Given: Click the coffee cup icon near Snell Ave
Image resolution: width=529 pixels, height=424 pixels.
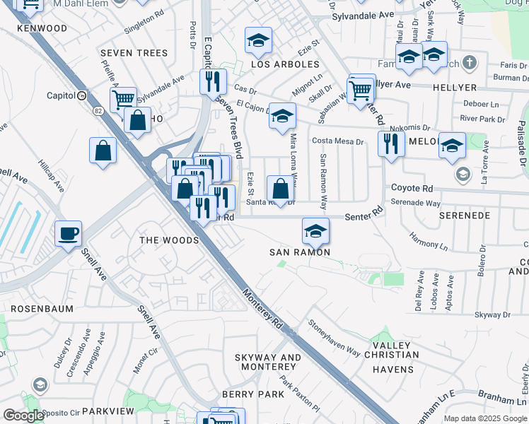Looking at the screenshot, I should click(x=69, y=233).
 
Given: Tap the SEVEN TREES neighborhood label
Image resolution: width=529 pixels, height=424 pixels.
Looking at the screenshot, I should click(x=134, y=53).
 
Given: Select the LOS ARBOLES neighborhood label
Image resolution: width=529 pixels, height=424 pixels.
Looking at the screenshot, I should click(x=285, y=64).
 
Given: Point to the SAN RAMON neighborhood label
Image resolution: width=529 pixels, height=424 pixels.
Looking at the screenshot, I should click(x=300, y=252).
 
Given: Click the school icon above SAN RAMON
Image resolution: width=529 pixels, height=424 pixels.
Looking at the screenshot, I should click(x=315, y=230).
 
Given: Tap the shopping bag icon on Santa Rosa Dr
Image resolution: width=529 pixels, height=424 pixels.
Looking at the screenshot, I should click(x=280, y=189).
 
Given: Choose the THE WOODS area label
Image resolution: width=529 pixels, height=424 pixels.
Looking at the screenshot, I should click(x=169, y=240).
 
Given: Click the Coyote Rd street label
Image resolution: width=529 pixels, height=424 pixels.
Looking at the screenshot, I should click(x=412, y=189).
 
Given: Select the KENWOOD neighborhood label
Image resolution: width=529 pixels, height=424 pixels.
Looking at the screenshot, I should click(x=43, y=29).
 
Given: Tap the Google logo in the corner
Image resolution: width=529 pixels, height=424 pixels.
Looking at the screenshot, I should click(x=24, y=416).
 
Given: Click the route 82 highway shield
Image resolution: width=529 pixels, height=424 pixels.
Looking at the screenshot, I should click(x=96, y=111).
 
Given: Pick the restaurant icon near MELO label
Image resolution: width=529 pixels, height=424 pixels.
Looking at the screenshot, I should click(x=391, y=143).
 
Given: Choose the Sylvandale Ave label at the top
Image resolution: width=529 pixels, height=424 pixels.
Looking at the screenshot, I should click(x=363, y=14).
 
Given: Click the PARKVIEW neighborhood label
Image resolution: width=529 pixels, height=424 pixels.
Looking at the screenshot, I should click(x=107, y=411).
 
